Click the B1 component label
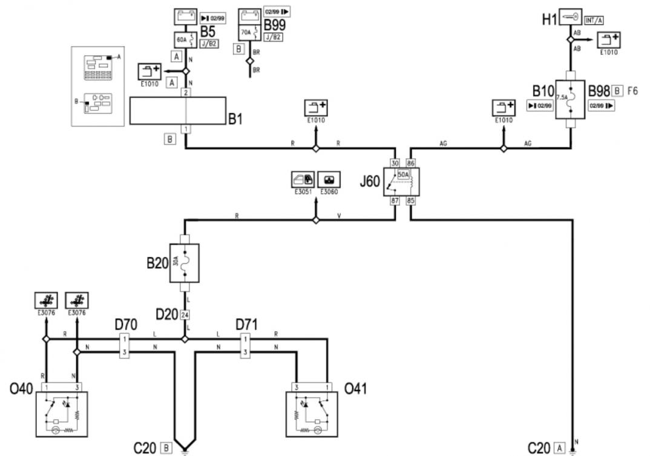click(x=235, y=119)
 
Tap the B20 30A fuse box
click(x=185, y=263)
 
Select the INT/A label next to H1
click(x=594, y=21)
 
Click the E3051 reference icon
click(x=303, y=179)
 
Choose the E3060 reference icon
click(x=329, y=179)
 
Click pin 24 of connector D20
click(x=185, y=315)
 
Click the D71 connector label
click(x=246, y=325)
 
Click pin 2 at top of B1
click(x=185, y=93)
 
